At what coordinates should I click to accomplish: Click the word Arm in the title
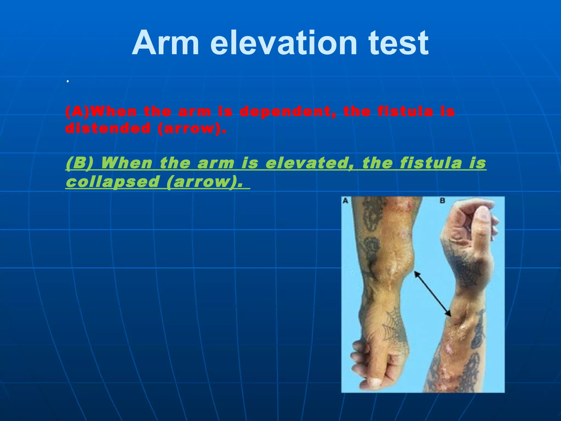click(x=165, y=43)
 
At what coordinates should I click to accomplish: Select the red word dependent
click(x=287, y=112)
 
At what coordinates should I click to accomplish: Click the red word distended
click(x=108, y=128)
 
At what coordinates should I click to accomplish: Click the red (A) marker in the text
click(x=77, y=112)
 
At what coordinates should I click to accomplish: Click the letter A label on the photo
click(x=345, y=201)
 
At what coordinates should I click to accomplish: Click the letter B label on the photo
click(x=442, y=201)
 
